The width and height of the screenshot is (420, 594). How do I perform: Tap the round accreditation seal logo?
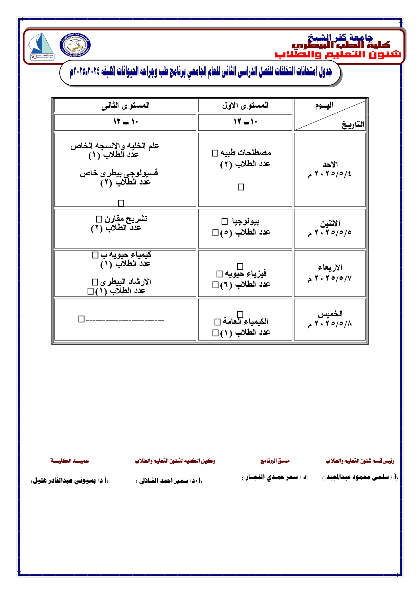coord(75,45)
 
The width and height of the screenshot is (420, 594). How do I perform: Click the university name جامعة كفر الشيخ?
coord(340,37)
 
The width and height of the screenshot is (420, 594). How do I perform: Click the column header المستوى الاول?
coord(245,105)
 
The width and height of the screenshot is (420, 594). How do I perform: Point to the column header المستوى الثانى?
coord(125,105)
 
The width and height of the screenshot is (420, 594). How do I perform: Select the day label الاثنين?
coord(330,223)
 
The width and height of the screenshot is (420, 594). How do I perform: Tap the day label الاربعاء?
coord(330,268)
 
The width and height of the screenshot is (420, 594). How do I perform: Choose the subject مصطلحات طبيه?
coord(246,153)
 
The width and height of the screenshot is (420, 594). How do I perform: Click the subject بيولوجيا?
coord(246,222)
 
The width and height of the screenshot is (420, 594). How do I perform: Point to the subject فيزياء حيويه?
coord(246,273)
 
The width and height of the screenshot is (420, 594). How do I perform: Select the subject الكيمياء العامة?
coord(245,321)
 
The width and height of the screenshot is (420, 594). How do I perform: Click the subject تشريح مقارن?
coord(126,219)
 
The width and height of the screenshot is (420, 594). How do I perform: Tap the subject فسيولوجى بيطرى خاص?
coord(119,173)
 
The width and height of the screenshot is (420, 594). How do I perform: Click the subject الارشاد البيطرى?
coord(126,282)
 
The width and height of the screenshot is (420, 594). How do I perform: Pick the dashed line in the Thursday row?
coord(125,320)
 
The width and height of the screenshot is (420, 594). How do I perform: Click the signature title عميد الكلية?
coord(70,461)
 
